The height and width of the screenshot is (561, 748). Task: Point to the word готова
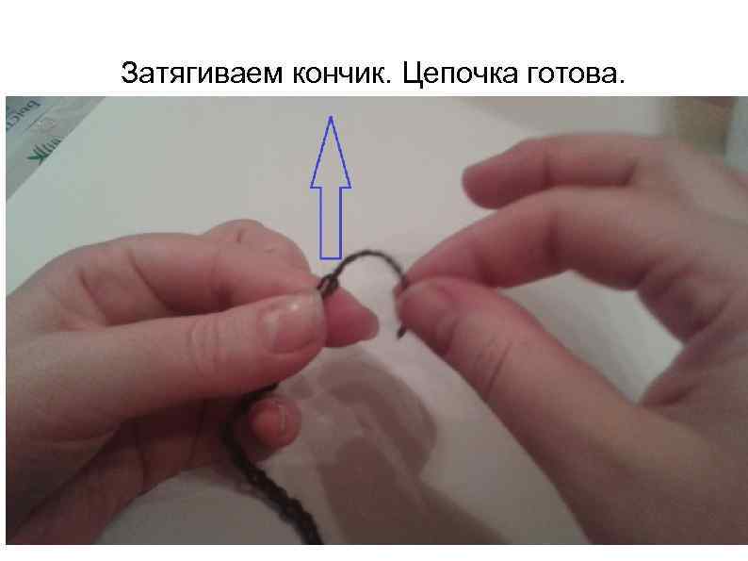coord(574,74)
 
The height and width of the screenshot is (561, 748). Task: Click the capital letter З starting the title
coord(129,73)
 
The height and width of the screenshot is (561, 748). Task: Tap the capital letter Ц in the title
coord(412,74)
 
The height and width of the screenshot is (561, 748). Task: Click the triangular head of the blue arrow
coord(331,156)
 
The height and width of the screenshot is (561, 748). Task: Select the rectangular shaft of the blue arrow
coord(331,221)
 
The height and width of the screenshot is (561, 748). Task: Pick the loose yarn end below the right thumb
coord(403,325)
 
